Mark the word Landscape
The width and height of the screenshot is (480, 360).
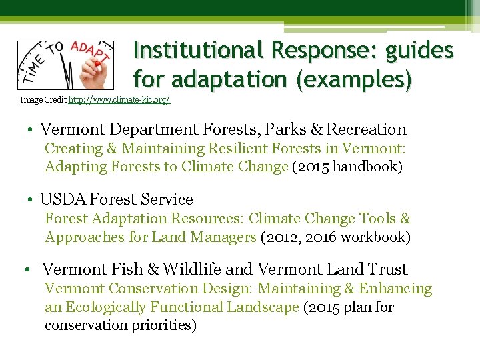click(x=264, y=307)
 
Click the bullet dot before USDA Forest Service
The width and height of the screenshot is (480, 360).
click(x=31, y=200)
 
